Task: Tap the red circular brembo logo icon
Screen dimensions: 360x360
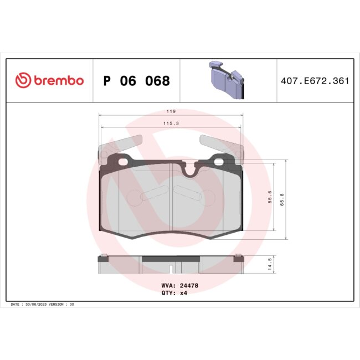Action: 23,81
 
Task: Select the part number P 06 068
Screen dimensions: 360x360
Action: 136,81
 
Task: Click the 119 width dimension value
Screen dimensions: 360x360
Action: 171,111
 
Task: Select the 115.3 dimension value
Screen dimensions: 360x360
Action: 171,124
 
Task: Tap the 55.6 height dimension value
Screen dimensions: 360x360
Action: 270,198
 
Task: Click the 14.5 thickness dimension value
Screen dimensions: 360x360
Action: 270,263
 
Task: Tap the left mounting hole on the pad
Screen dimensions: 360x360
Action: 122,162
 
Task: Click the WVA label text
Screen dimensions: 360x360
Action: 167,285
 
